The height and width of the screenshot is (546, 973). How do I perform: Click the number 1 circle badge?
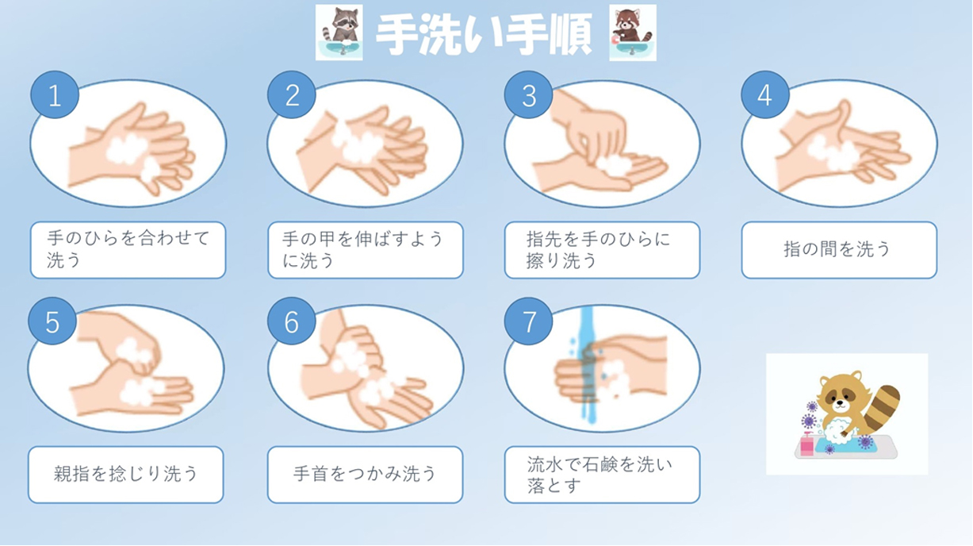[55, 94]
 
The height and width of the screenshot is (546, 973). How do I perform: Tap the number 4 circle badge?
[765, 94]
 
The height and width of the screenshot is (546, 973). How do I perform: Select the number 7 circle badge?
[528, 321]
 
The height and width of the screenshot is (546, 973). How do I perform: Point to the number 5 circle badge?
[52, 321]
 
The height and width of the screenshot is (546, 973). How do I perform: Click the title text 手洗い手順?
[485, 34]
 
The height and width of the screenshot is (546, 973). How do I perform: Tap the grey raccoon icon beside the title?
[339, 33]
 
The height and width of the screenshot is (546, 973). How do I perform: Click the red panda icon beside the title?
[633, 33]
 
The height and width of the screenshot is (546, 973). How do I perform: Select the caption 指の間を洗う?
[837, 249]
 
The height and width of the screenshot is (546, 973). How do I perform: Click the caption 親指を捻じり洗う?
[125, 474]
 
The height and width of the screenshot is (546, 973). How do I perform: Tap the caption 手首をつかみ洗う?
[365, 474]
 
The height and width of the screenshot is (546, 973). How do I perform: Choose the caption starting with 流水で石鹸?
[600, 475]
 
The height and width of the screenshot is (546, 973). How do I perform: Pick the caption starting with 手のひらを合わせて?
[128, 249]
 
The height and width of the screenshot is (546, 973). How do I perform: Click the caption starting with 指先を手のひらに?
[599, 249]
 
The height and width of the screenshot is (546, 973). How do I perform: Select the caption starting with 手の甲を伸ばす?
[362, 249]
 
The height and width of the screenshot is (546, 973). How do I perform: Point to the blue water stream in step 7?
[588, 365]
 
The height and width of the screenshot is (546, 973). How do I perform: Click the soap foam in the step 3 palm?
[613, 165]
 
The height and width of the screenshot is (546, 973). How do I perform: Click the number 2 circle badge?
[292, 94]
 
